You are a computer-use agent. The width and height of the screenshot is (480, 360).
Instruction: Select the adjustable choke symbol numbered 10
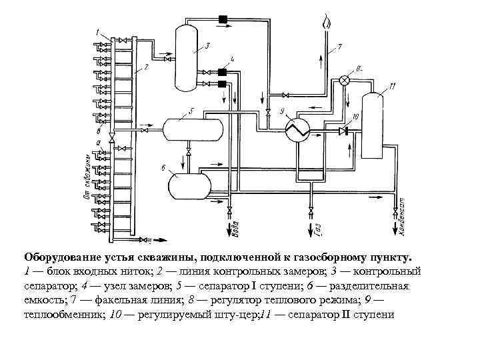coord(343,131)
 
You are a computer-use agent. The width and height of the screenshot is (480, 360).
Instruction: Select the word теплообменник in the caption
coord(63,315)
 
